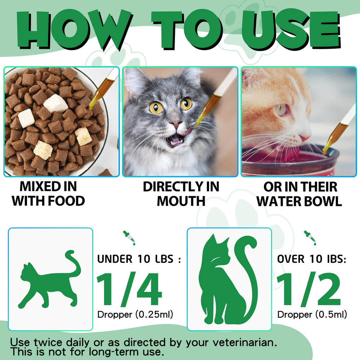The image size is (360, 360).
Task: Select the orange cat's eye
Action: [x=280, y=109]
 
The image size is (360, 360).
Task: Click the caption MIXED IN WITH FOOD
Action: [x=48, y=194]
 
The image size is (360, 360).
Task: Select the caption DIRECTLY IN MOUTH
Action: [x=181, y=194]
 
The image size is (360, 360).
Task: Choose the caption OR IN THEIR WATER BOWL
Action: [x=299, y=194]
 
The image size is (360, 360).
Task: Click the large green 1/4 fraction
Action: [x=130, y=289]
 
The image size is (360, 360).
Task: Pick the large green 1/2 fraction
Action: [x=309, y=289]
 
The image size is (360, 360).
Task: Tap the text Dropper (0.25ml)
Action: [x=135, y=314]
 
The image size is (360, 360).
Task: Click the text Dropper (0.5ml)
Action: [x=312, y=314]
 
